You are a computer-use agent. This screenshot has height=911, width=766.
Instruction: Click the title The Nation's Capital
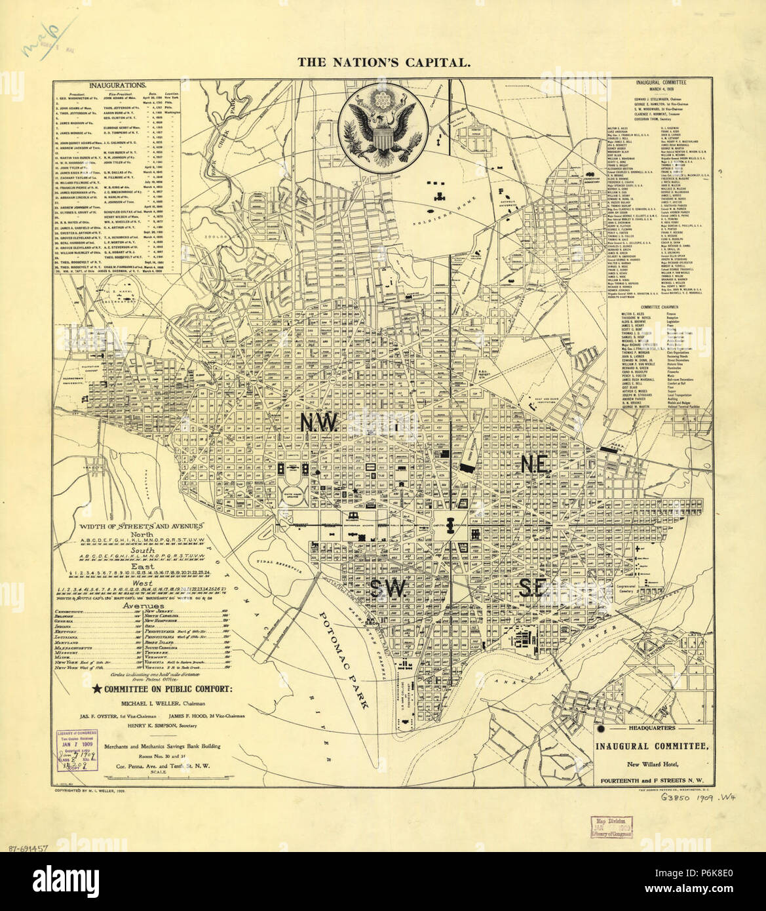tap(383, 63)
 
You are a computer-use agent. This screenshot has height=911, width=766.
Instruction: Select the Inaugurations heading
tap(118, 85)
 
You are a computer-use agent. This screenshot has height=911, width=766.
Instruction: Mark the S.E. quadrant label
tap(531, 587)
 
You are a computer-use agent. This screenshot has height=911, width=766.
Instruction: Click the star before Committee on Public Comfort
tap(98, 688)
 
